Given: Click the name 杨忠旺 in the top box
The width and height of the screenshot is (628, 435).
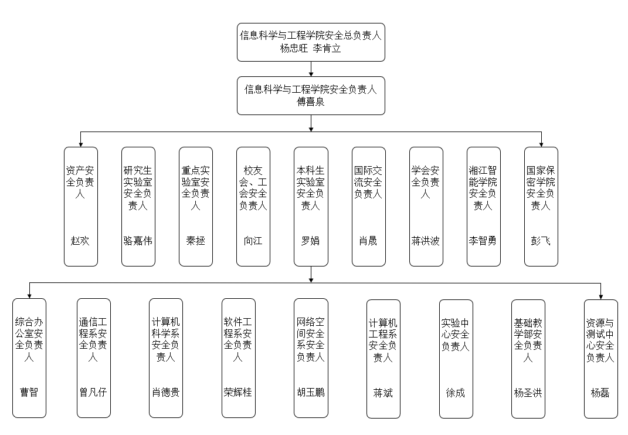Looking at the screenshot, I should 294,49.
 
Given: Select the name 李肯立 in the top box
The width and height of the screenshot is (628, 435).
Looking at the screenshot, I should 327,49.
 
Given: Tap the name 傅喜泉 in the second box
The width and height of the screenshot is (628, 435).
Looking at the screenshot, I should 311,102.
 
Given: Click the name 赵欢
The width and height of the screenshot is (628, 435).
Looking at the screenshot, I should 80,241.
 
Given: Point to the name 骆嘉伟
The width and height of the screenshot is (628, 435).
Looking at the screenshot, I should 138,241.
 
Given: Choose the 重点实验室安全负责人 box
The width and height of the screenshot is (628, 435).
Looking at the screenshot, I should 195,206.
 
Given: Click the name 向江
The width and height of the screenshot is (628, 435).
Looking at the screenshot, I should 253,241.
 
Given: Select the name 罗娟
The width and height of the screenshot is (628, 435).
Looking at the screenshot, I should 311,241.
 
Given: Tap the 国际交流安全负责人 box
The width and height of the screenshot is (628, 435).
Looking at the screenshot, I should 368,206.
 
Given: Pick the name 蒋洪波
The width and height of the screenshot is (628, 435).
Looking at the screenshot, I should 426,241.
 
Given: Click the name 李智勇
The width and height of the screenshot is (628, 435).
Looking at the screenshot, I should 483,241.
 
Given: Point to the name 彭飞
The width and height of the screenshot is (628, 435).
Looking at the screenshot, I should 541,241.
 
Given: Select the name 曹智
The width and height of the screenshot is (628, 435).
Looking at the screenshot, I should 29,392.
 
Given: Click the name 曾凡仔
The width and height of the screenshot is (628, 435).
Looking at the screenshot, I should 93,392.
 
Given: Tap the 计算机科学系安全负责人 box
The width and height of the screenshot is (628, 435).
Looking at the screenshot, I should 166,358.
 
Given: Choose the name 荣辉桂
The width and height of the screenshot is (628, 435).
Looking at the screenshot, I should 238,392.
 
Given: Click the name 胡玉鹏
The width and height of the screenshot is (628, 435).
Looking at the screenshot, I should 311,392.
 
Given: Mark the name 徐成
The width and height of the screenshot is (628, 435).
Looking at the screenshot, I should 456,392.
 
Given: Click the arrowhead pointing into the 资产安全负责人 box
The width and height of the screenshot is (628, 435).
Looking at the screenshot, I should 80,143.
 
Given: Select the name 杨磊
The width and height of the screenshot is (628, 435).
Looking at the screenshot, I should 600,392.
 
